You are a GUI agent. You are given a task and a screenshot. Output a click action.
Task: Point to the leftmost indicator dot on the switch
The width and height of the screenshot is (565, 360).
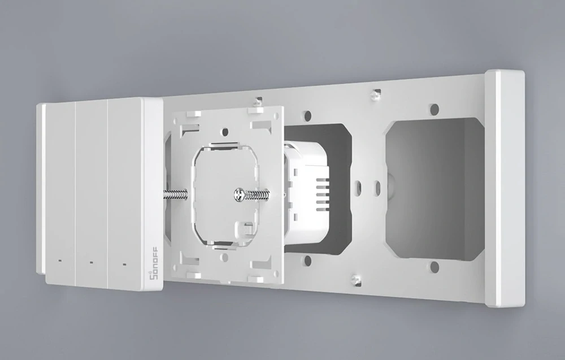(59, 261)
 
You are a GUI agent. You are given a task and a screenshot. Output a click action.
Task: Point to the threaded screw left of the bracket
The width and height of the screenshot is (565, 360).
(177, 193)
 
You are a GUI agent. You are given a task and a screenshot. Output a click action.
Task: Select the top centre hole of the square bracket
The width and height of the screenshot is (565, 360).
(225, 131)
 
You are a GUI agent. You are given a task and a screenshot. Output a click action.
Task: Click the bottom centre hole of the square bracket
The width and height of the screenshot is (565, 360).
(225, 258)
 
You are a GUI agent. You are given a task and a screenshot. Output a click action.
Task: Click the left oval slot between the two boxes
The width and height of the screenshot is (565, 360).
(358, 185)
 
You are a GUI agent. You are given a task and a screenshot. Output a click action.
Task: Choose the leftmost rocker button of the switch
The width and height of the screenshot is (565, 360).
(59, 192)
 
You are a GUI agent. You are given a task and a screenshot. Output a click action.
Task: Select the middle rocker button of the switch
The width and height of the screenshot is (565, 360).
(91, 192)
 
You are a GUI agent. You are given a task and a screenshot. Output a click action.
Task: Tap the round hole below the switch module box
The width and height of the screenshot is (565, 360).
(308, 261)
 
